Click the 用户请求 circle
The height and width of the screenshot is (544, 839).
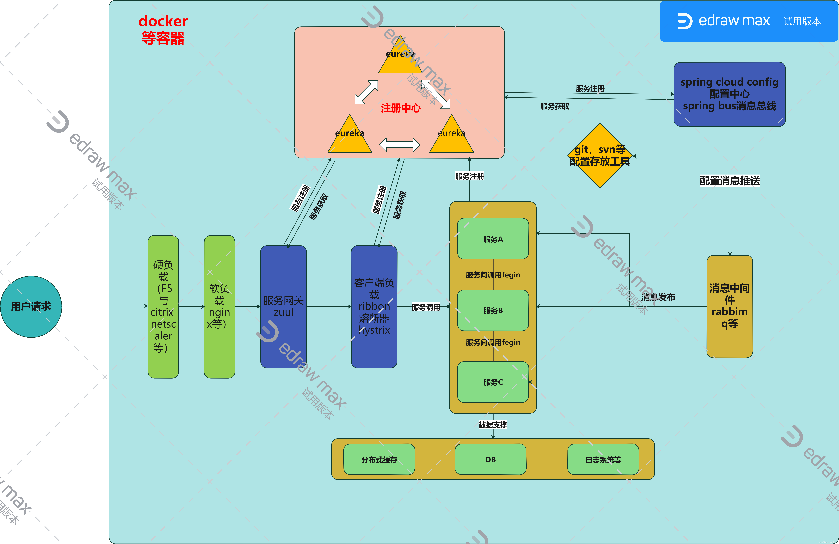31,306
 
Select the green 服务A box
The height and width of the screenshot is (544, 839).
493,239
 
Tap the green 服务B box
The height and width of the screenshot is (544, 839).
493,310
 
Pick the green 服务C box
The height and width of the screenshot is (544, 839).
493,382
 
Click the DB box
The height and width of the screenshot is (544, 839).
490,459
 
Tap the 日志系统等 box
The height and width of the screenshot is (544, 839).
603,459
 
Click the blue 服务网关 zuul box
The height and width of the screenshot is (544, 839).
283,306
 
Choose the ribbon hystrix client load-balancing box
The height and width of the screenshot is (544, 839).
374,306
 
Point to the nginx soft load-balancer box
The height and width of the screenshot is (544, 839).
219,306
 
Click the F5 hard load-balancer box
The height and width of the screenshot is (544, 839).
163,306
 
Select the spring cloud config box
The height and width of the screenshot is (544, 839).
729,94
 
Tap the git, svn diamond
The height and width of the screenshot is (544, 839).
600,155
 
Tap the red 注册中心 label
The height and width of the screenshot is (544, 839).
400,108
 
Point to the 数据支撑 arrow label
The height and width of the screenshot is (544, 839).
493,425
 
